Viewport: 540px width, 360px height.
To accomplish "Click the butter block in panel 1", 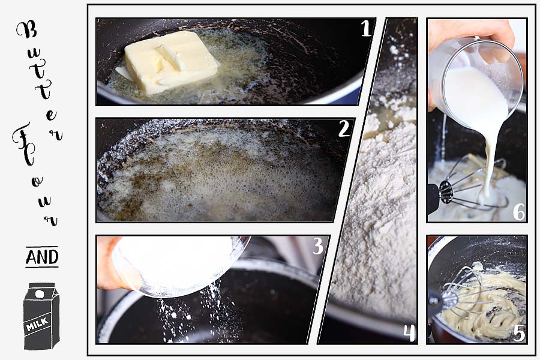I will pyautogui.click(x=171, y=61).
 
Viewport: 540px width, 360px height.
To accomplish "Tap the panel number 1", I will pyautogui.click(x=366, y=29).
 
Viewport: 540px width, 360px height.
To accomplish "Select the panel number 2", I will pyautogui.click(x=343, y=128).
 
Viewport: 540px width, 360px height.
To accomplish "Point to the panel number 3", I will pyautogui.click(x=318, y=246).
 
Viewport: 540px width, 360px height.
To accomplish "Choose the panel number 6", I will pyautogui.click(x=519, y=211).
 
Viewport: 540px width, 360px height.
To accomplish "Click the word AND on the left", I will pyautogui.click(x=42, y=257).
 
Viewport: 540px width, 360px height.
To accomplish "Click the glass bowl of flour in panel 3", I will pyautogui.click(x=180, y=264).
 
